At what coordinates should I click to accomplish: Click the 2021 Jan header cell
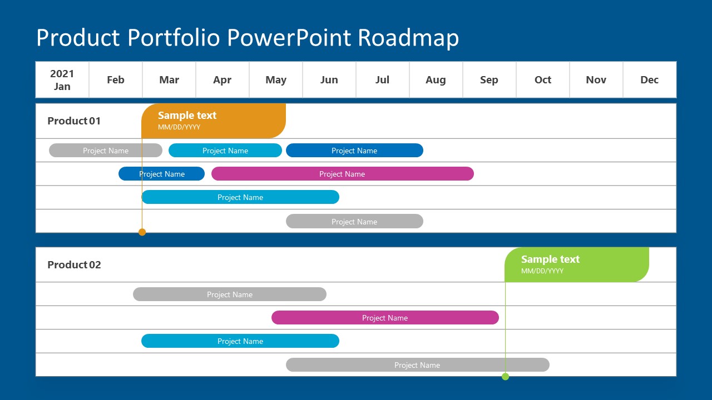tap(62, 80)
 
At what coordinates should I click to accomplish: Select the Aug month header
tap(436, 80)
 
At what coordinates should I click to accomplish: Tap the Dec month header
tap(649, 80)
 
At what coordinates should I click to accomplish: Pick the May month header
tap(276, 80)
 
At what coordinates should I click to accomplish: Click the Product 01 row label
tap(74, 121)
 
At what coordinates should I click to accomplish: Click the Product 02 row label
tap(74, 265)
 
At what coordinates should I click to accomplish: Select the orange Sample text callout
tap(214, 121)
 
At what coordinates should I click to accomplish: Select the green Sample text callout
tap(576, 264)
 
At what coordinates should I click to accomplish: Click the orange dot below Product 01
tap(142, 232)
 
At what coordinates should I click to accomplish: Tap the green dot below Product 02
tap(505, 377)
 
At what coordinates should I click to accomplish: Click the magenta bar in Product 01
tap(342, 174)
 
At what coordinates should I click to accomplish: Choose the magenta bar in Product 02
tap(385, 318)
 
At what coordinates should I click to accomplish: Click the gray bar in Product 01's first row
tap(106, 151)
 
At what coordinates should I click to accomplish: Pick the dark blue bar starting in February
tap(161, 174)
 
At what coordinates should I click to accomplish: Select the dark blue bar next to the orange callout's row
tap(354, 151)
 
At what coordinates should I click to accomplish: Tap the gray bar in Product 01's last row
tap(354, 222)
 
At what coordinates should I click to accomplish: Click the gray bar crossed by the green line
tap(417, 365)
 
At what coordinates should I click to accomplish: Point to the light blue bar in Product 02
tap(240, 341)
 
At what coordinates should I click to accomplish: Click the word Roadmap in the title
tap(408, 38)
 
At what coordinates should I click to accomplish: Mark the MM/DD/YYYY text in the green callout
tap(542, 271)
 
